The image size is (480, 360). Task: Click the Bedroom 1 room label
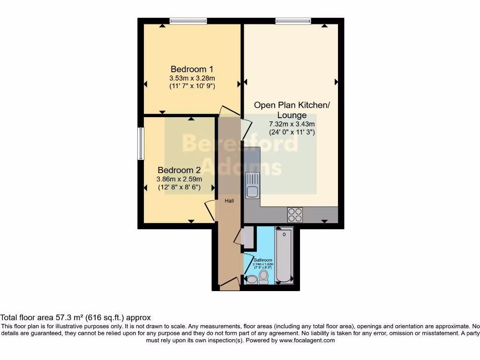[191, 69]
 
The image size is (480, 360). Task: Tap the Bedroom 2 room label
[179, 170]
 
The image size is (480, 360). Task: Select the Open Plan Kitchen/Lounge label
[292, 110]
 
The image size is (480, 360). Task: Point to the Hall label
[229, 201]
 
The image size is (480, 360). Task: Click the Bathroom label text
[263, 260]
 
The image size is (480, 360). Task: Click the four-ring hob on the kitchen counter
[295, 214]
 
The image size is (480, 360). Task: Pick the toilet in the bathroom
[264, 277]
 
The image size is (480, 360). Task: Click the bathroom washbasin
[252, 280]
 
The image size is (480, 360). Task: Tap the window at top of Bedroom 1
[188, 21]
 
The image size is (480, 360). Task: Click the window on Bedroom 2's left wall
[140, 143]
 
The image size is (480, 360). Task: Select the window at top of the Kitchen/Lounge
[293, 21]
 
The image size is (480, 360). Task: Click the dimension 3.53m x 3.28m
[192, 78]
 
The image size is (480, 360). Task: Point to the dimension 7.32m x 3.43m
[292, 124]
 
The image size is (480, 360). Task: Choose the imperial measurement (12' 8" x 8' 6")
[179, 187]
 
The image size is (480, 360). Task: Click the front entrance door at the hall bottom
[229, 283]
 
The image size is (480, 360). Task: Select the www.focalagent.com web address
[307, 340]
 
